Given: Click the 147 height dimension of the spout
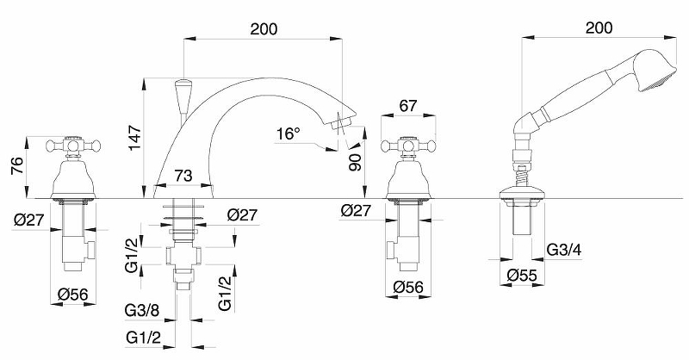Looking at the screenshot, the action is (x=134, y=138).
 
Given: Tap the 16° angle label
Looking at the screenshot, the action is (x=289, y=133).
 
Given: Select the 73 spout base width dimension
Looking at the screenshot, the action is (x=183, y=176).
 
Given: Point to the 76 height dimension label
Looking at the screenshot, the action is (x=16, y=166).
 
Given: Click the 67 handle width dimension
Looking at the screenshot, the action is (x=408, y=106).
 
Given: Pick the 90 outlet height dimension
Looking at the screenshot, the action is (x=355, y=162).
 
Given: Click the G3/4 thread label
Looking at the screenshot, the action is (x=564, y=250).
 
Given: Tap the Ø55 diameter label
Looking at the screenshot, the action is (x=522, y=276).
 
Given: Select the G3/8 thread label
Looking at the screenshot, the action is (x=142, y=310).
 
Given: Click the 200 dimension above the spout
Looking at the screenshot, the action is (x=264, y=29).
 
